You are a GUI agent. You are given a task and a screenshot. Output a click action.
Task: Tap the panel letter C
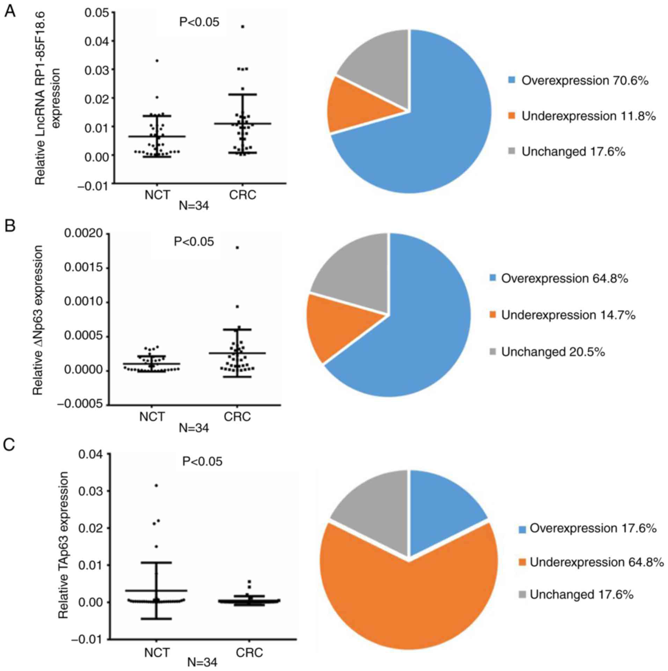coord(9,445)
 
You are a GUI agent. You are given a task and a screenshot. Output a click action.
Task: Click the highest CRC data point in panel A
coord(243,27)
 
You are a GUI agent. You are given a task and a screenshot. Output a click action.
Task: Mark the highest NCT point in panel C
coord(156,485)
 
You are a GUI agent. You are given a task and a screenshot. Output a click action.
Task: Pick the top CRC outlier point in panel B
coord(237,248)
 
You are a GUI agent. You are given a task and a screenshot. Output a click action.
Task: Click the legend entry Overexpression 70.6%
coord(585,81)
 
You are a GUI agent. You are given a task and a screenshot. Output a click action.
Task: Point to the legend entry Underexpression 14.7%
coord(568,315)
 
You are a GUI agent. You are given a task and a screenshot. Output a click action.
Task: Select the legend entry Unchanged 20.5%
coord(552,352)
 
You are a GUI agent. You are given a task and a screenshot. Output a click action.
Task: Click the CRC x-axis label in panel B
coord(237,416)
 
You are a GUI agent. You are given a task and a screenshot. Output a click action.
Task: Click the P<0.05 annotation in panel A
coord(199,22)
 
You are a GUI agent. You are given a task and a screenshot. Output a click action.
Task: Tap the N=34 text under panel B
coord(194,428)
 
